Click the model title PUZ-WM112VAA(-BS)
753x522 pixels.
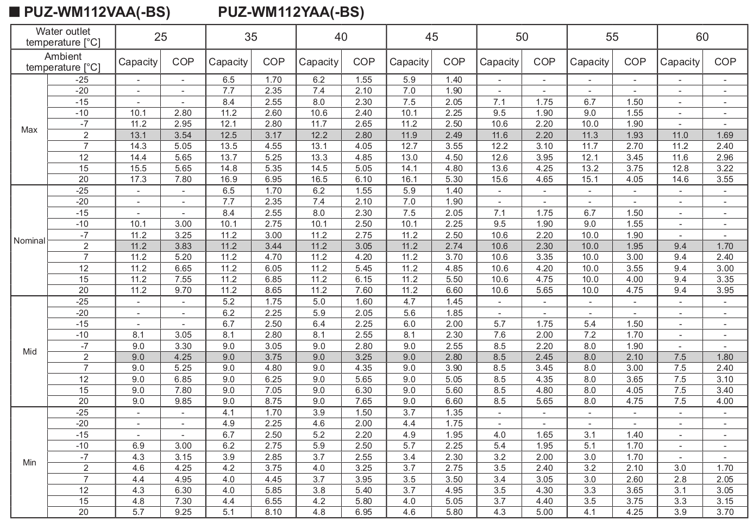tap(96, 12)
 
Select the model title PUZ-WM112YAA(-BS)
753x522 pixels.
tap(291, 12)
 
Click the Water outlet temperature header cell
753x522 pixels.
tap(63, 37)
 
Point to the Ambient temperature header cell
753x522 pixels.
tap(63, 62)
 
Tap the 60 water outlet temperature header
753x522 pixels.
tap(702, 37)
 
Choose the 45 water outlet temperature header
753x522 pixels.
tap(431, 37)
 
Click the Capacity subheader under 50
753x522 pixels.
tap(499, 62)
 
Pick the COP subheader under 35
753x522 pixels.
tap(273, 62)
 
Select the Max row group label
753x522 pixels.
tap(29, 130)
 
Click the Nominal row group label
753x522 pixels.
tap(29, 241)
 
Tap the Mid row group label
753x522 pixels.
tap(29, 352)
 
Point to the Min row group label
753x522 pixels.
tap(29, 463)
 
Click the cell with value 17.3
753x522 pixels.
tap(139, 179)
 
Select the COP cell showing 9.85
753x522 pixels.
tap(183, 401)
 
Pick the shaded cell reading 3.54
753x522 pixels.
tap(183, 135)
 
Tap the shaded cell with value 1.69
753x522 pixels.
tap(725, 135)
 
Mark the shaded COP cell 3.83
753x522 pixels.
tap(183, 246)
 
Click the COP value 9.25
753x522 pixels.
tap(183, 512)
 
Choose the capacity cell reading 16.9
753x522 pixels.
tap(229, 179)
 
